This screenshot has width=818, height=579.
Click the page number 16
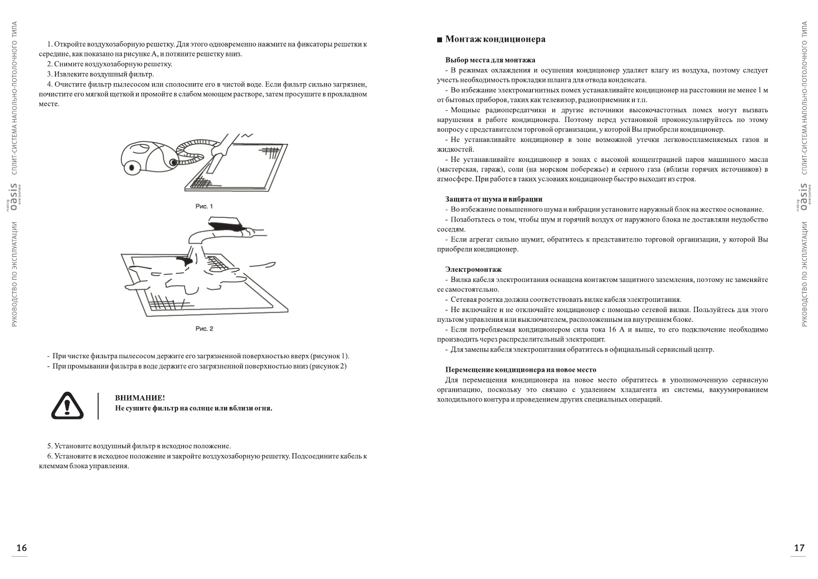tap(21, 548)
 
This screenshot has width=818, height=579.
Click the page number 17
tap(799, 548)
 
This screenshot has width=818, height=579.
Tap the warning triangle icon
tap(68, 406)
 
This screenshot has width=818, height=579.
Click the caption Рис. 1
tap(204, 207)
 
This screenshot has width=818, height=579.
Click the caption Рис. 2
tap(204, 329)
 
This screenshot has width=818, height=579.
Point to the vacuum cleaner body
tap(148, 153)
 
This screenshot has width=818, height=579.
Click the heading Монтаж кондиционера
tap(495, 39)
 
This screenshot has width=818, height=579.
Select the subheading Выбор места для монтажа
tap(490, 60)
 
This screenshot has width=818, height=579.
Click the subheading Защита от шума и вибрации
tap(494, 199)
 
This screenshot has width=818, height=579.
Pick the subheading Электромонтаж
tap(473, 269)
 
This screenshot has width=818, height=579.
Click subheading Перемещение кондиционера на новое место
tap(521, 370)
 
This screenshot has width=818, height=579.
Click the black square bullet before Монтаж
tap(440, 40)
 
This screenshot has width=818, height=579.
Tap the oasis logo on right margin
tap(804, 197)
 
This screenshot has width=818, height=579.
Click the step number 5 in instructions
tap(49, 446)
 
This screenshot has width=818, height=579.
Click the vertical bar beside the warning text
tap(99, 406)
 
